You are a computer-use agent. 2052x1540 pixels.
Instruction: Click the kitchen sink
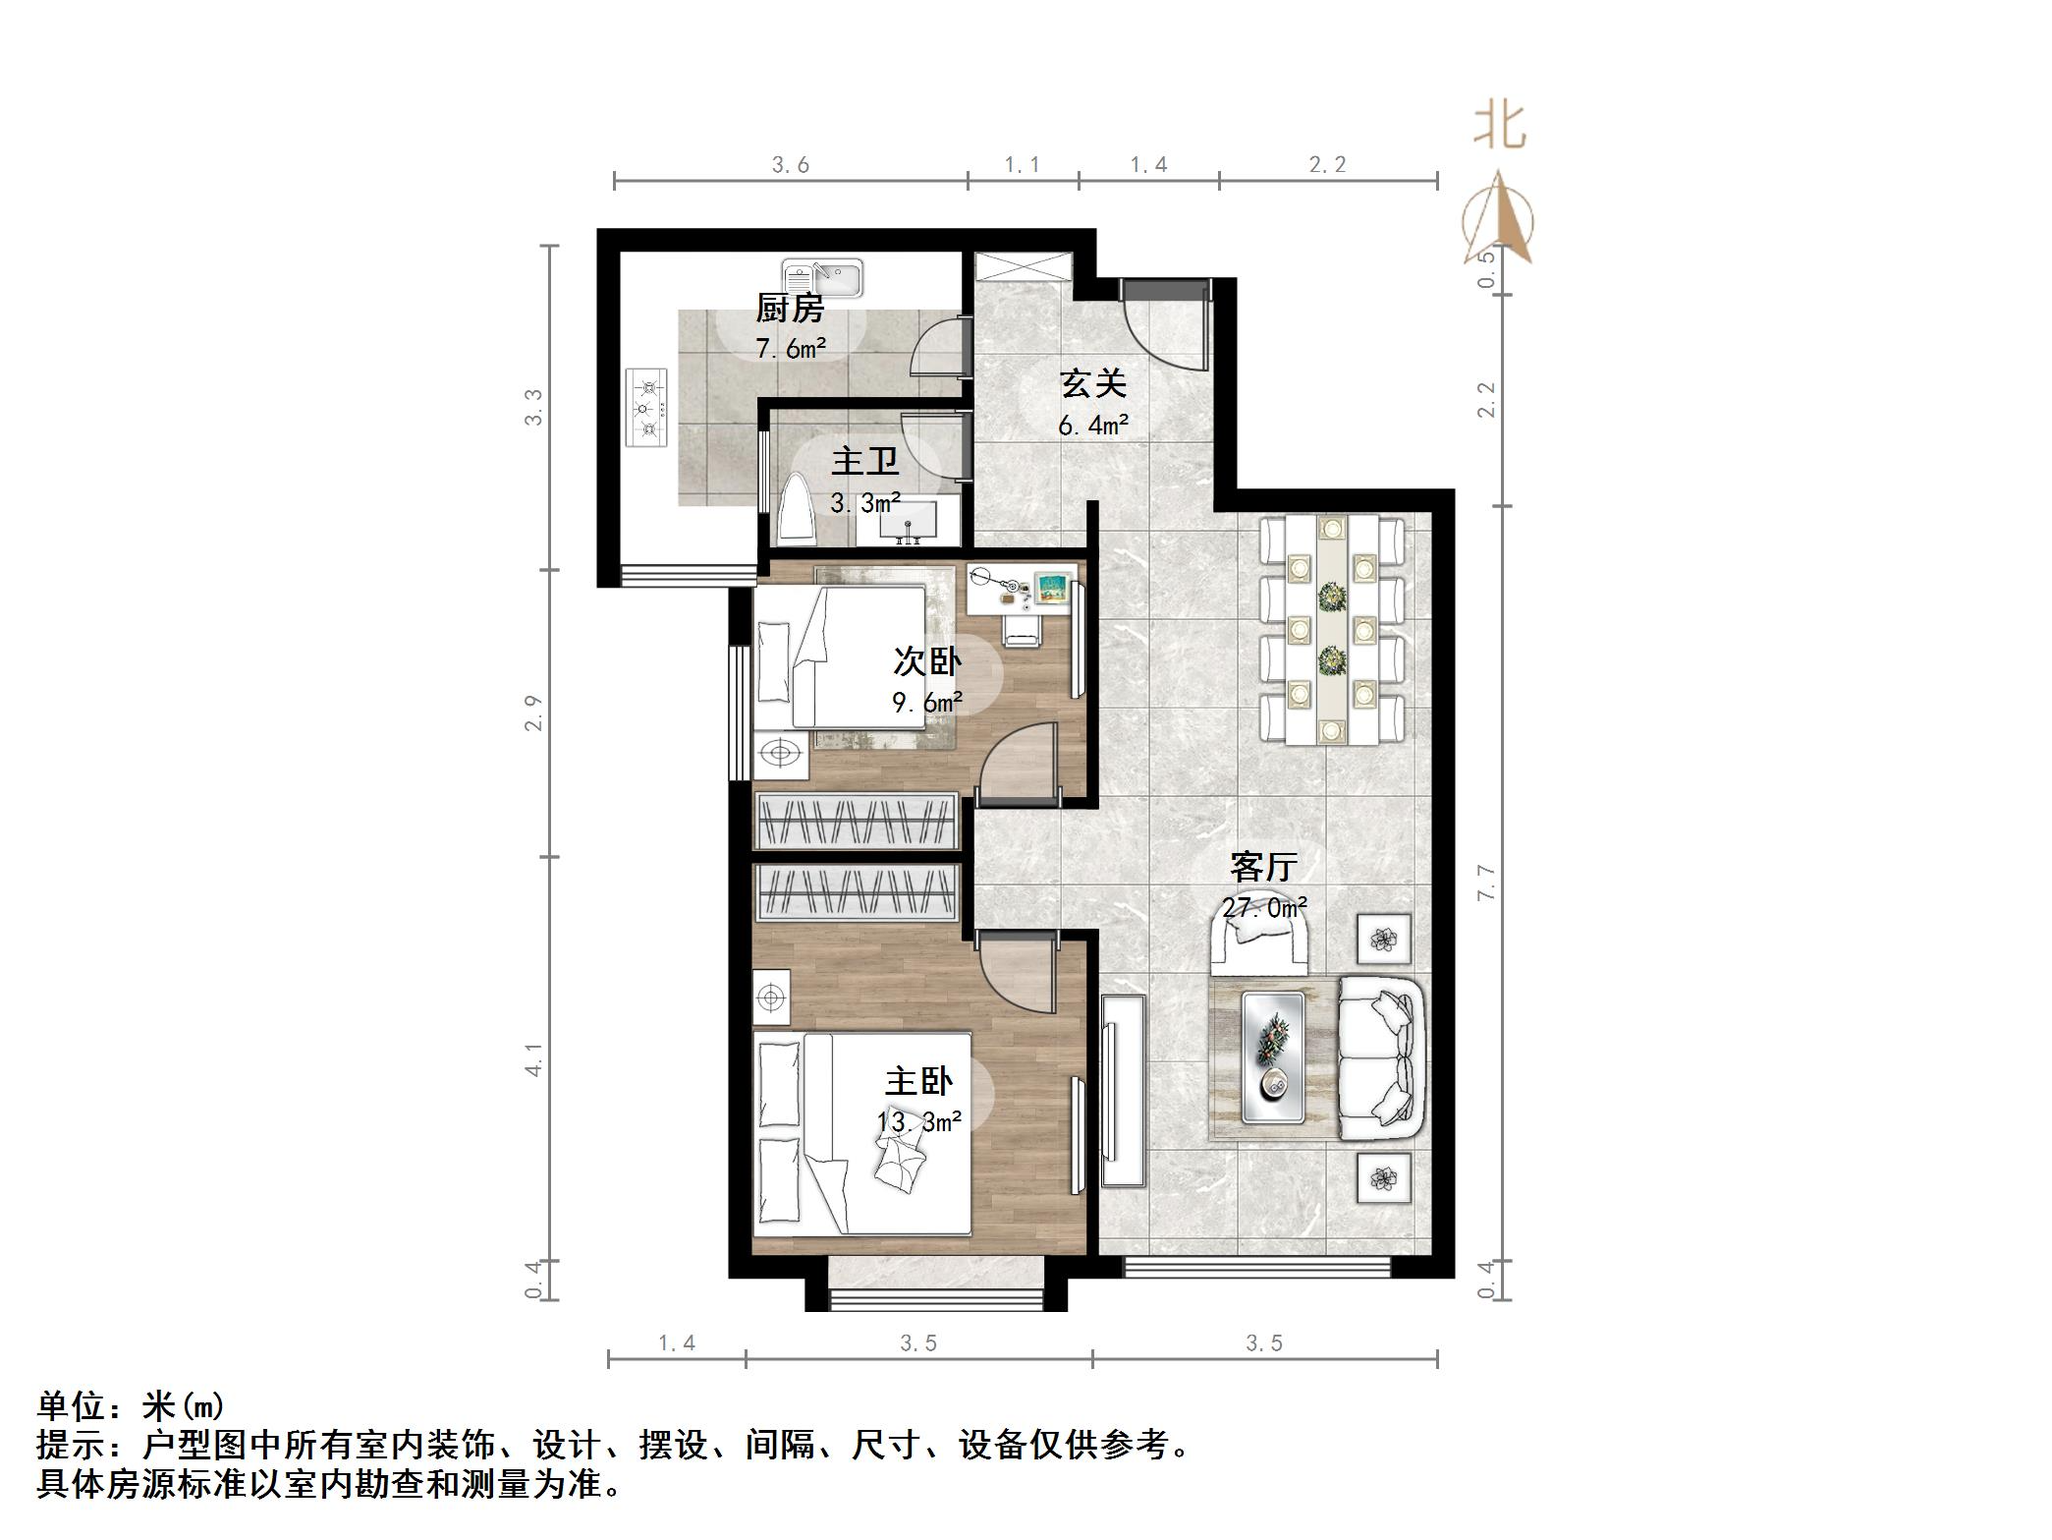pyautogui.click(x=823, y=277)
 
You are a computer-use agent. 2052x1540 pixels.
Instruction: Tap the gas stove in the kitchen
pyautogui.click(x=646, y=408)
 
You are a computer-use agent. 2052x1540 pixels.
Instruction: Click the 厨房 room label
pyautogui.click(x=789, y=309)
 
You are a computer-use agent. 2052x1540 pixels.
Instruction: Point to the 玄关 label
pyautogui.click(x=1092, y=384)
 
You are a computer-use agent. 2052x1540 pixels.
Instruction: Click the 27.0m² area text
pyautogui.click(x=1264, y=907)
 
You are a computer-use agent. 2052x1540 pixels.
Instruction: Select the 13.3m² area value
pyautogui.click(x=918, y=1120)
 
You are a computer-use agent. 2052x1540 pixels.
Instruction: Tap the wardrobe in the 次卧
pyautogui.click(x=856, y=820)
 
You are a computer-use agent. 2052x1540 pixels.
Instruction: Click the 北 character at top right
pyautogui.click(x=1499, y=128)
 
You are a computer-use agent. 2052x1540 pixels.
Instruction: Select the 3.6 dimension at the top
pyautogui.click(x=791, y=165)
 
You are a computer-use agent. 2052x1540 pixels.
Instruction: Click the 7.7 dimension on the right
pyautogui.click(x=1486, y=883)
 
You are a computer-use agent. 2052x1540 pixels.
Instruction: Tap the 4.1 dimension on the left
pyautogui.click(x=533, y=1059)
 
